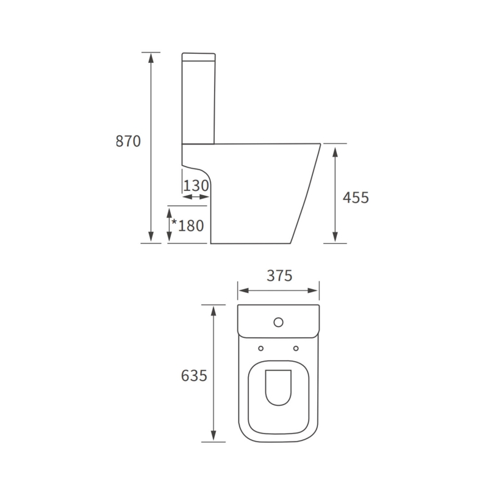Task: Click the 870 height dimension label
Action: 128,141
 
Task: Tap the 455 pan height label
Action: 356,198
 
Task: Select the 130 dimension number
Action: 196,185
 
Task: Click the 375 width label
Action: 279,275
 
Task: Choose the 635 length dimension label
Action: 194,376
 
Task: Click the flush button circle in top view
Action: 279,321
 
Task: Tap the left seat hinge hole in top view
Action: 261,348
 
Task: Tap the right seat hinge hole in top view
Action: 296,348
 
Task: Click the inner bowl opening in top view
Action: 279,389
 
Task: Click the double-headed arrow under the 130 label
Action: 196,197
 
